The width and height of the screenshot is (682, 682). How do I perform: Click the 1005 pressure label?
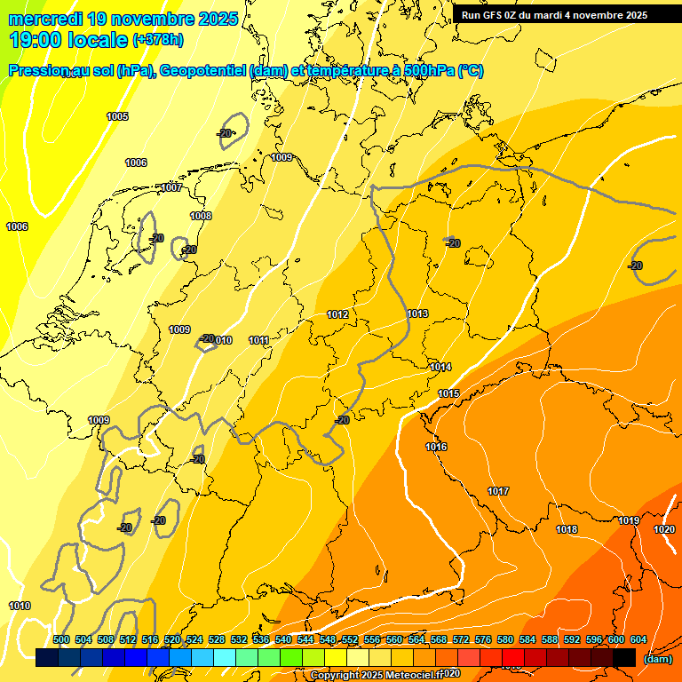pyautogui.click(x=117, y=116)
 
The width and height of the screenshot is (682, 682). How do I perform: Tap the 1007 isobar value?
pyautogui.click(x=171, y=187)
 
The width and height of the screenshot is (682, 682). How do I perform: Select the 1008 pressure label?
pyautogui.click(x=201, y=216)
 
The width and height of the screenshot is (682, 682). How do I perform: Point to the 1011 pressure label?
pyautogui.click(x=258, y=340)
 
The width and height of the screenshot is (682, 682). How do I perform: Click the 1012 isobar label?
pyautogui.click(x=337, y=314)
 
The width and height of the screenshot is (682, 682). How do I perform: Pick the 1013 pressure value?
pyautogui.click(x=417, y=313)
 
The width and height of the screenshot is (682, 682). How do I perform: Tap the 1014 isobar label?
pyautogui.click(x=440, y=367)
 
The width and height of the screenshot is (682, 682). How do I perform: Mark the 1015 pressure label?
pyautogui.click(x=448, y=393)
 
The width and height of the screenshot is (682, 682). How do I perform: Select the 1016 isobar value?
pyautogui.click(x=436, y=447)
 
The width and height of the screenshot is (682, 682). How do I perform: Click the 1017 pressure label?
pyautogui.click(x=498, y=491)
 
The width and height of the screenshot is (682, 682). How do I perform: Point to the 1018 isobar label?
pyautogui.click(x=567, y=529)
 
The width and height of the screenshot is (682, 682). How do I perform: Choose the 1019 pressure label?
pyautogui.click(x=629, y=520)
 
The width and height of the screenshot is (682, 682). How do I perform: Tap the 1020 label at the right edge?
pyautogui.click(x=664, y=529)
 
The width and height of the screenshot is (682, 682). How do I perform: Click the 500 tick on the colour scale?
pyautogui.click(x=61, y=639)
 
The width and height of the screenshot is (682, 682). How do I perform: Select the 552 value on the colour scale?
pyautogui.click(x=350, y=639)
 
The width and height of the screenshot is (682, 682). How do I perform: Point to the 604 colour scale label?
pyautogui.click(x=638, y=639)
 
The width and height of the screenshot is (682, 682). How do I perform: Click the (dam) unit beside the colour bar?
pyautogui.click(x=657, y=659)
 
